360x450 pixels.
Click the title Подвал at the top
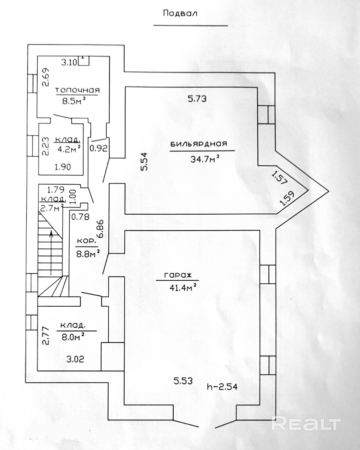coord(180,13)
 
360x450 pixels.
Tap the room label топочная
coord(77,90)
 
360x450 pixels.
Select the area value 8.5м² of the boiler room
coord(74,101)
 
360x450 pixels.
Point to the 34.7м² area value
coord(205,160)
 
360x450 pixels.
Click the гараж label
coord(178,275)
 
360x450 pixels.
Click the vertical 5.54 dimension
coord(144,162)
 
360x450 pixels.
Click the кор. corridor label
coord(86,241)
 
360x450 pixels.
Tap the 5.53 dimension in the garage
coord(183,381)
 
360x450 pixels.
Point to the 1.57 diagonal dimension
coord(280,176)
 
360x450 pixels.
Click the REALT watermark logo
coord(306,423)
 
